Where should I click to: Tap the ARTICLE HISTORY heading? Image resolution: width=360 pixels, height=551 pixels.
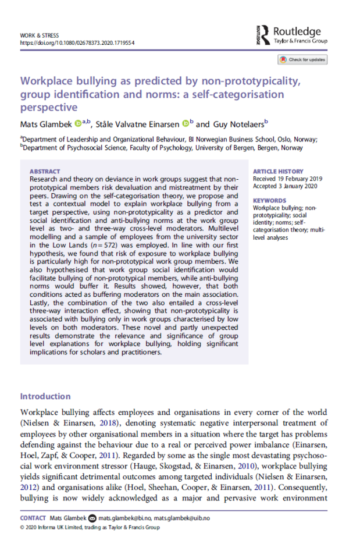279,172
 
